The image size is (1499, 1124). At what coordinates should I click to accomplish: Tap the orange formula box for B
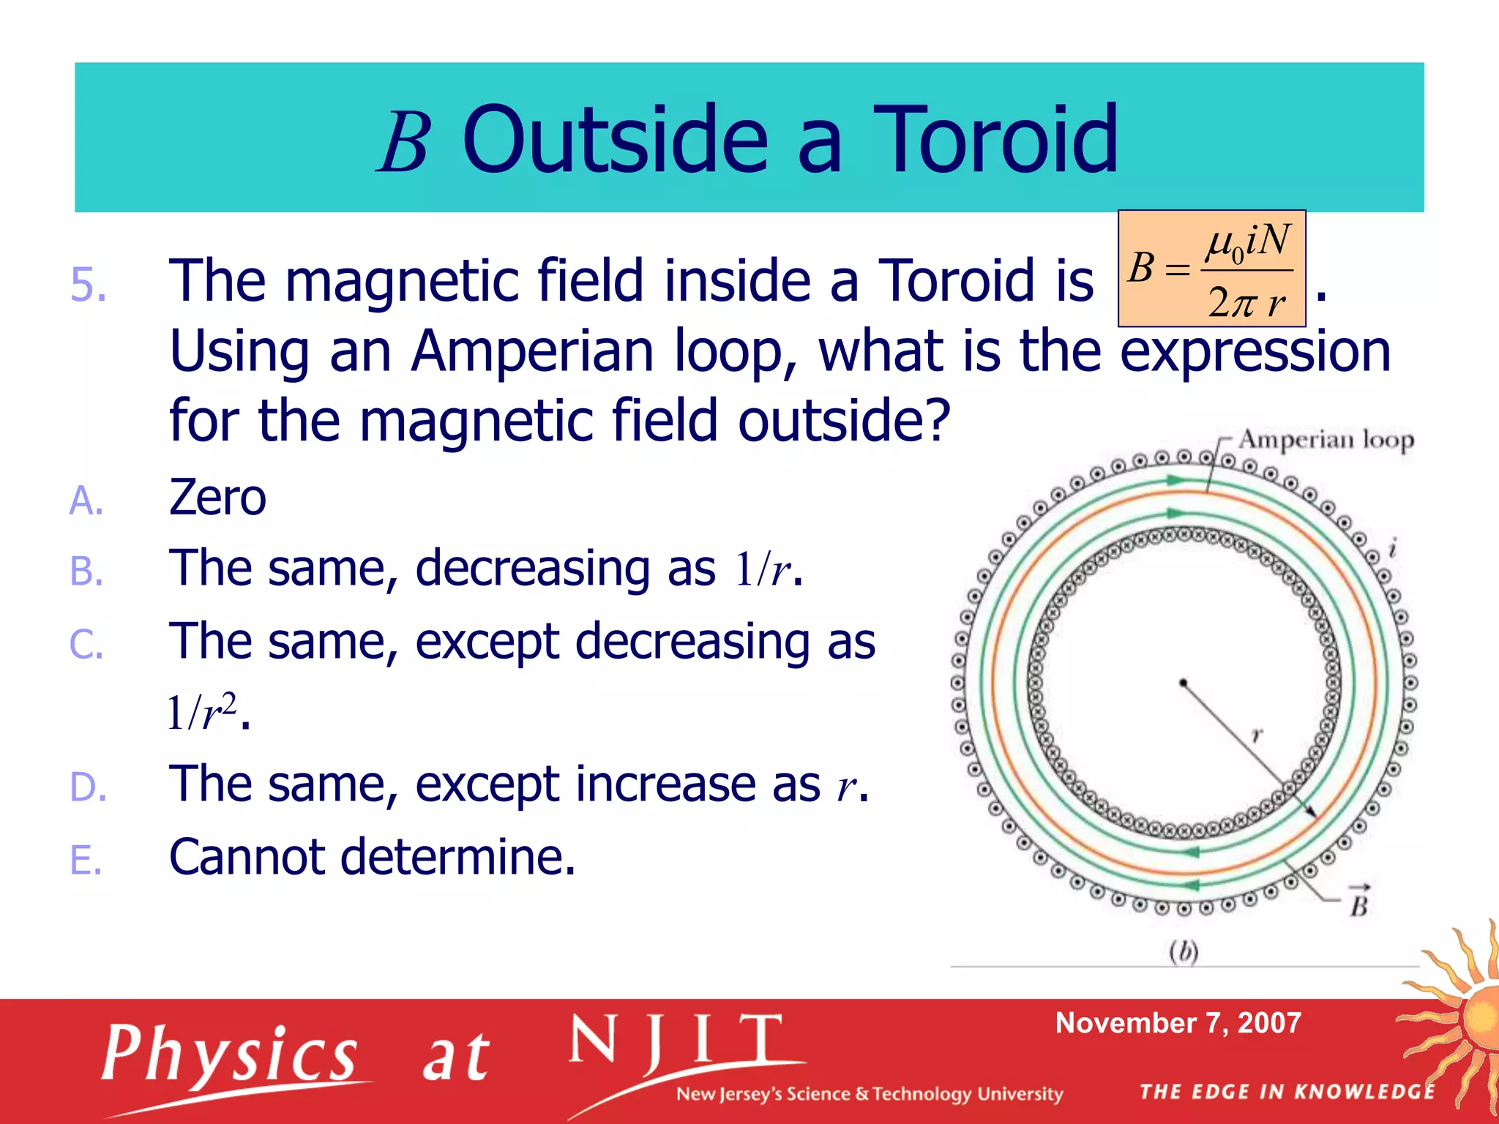click(1211, 269)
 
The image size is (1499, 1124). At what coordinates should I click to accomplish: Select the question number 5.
click(88, 284)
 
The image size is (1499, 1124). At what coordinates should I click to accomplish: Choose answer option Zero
click(217, 497)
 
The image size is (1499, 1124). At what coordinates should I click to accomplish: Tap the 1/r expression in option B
click(763, 569)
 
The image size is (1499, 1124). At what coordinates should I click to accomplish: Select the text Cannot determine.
click(372, 856)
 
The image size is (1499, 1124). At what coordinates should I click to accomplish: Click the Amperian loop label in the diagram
click(1326, 440)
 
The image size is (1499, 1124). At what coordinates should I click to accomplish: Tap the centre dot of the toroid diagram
click(1183, 683)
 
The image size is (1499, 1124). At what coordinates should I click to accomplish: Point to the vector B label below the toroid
click(1359, 902)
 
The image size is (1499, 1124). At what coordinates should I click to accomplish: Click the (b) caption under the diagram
click(1183, 951)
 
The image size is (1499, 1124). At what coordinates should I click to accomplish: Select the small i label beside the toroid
click(1393, 547)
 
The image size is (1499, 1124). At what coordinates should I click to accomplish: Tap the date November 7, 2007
click(1178, 1023)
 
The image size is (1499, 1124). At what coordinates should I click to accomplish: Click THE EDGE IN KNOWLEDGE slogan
click(1287, 1092)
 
